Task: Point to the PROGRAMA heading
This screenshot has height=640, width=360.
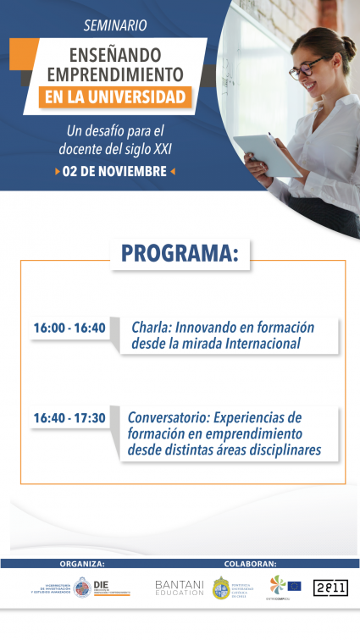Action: tap(180, 253)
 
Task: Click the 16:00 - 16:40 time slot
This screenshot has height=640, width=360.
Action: tap(69, 328)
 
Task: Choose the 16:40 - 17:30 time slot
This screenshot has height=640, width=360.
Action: tap(69, 417)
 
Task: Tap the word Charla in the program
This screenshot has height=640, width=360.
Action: tap(150, 328)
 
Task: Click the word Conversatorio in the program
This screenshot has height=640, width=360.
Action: tap(168, 417)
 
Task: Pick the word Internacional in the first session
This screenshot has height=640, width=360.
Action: tap(260, 344)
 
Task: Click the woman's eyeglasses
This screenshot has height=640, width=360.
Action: tap(305, 66)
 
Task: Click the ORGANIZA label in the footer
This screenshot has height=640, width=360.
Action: tap(82, 562)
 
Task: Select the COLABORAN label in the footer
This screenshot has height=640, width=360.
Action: tap(250, 562)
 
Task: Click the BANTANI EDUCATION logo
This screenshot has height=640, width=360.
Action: tap(179, 588)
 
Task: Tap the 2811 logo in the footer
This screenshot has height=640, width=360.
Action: tap(330, 588)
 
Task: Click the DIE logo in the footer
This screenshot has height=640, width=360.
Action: tap(102, 587)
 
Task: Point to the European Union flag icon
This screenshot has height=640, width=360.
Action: tap(294, 585)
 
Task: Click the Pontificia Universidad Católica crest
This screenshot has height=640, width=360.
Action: tap(220, 588)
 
